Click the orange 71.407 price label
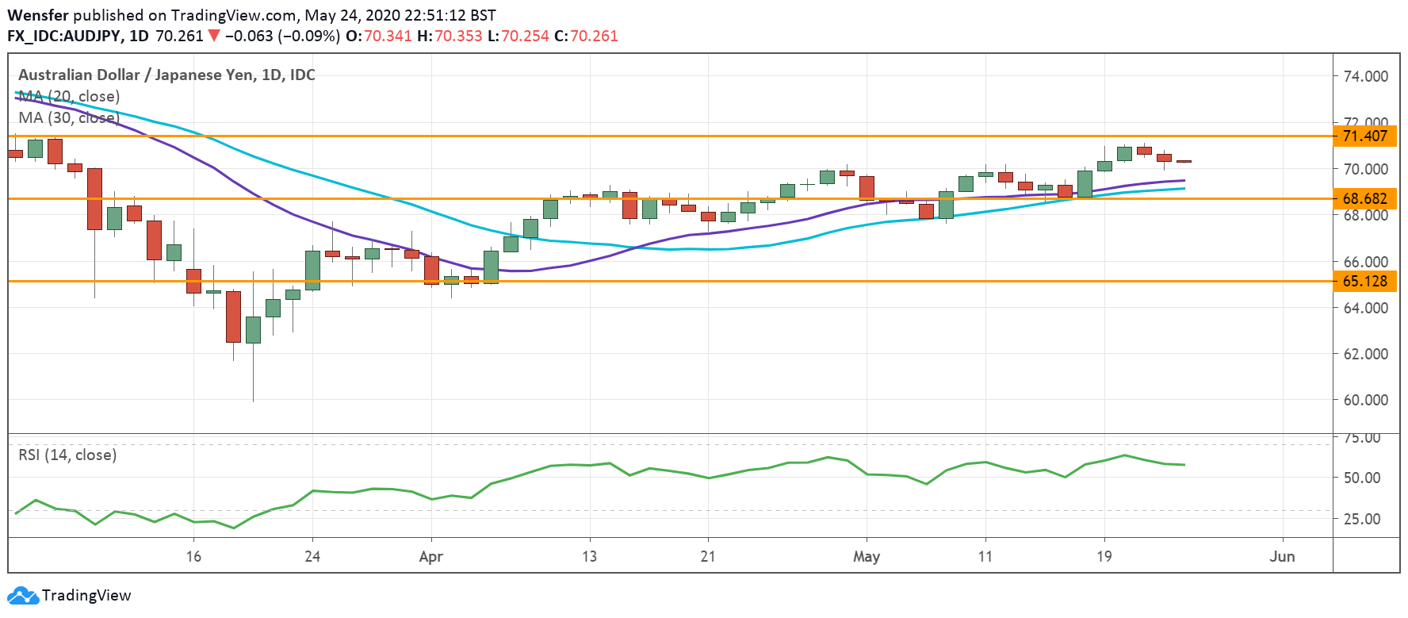pos(1364,136)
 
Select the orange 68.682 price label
pos(1364,198)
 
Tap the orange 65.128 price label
pos(1364,281)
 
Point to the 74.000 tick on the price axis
pos(1365,76)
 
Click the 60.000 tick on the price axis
pos(1365,400)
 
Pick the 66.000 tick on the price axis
pos(1365,261)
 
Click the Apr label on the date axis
pos(430,556)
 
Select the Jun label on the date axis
pos(1282,556)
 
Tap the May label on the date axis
pos(866,556)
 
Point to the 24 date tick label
pos(312,556)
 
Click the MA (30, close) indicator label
pos(69,117)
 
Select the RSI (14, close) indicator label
pos(67,455)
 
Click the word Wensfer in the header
pos(38,15)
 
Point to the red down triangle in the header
pos(213,36)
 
